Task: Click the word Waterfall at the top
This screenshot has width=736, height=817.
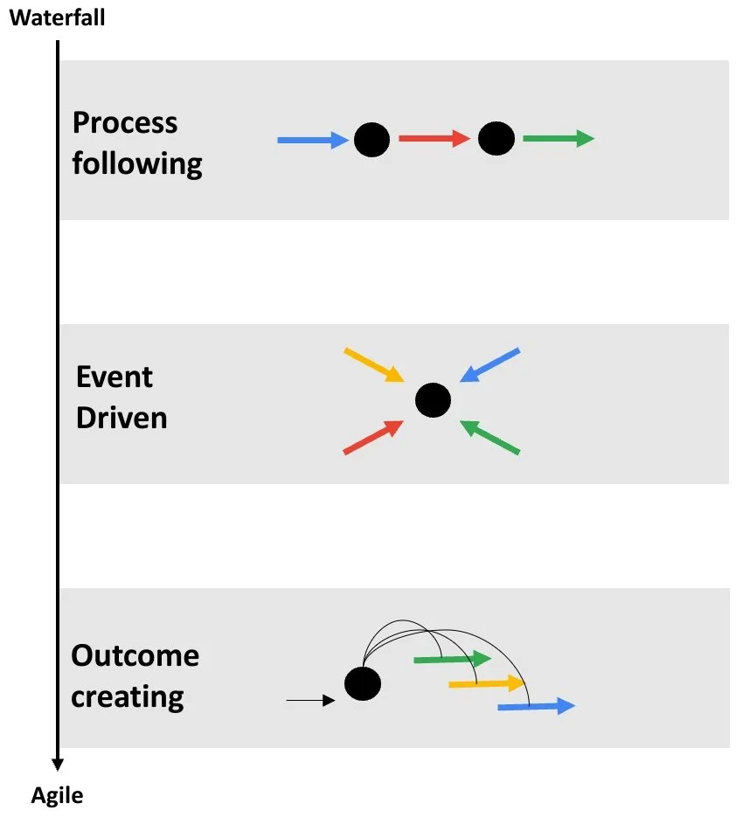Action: [x=57, y=17]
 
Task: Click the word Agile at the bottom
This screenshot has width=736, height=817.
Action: [x=58, y=795]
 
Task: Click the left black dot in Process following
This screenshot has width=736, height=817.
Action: [x=371, y=139]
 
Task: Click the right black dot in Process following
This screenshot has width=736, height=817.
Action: [x=496, y=138]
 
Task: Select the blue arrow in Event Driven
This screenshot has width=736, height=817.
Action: [x=490, y=365]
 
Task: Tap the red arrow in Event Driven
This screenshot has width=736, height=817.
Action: [x=373, y=437]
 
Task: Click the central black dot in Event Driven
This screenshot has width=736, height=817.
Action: [x=433, y=400]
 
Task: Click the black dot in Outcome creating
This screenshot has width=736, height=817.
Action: [x=363, y=683]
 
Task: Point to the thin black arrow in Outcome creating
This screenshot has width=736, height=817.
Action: [x=311, y=700]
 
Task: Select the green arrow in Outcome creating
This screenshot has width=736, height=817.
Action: [x=452, y=658]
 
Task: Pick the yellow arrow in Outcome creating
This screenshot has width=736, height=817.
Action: [x=486, y=682]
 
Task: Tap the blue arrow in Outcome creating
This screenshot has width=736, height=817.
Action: [x=536, y=706]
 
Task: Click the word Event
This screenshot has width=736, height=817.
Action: [x=114, y=377]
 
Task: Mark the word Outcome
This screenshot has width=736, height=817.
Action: [x=135, y=655]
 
